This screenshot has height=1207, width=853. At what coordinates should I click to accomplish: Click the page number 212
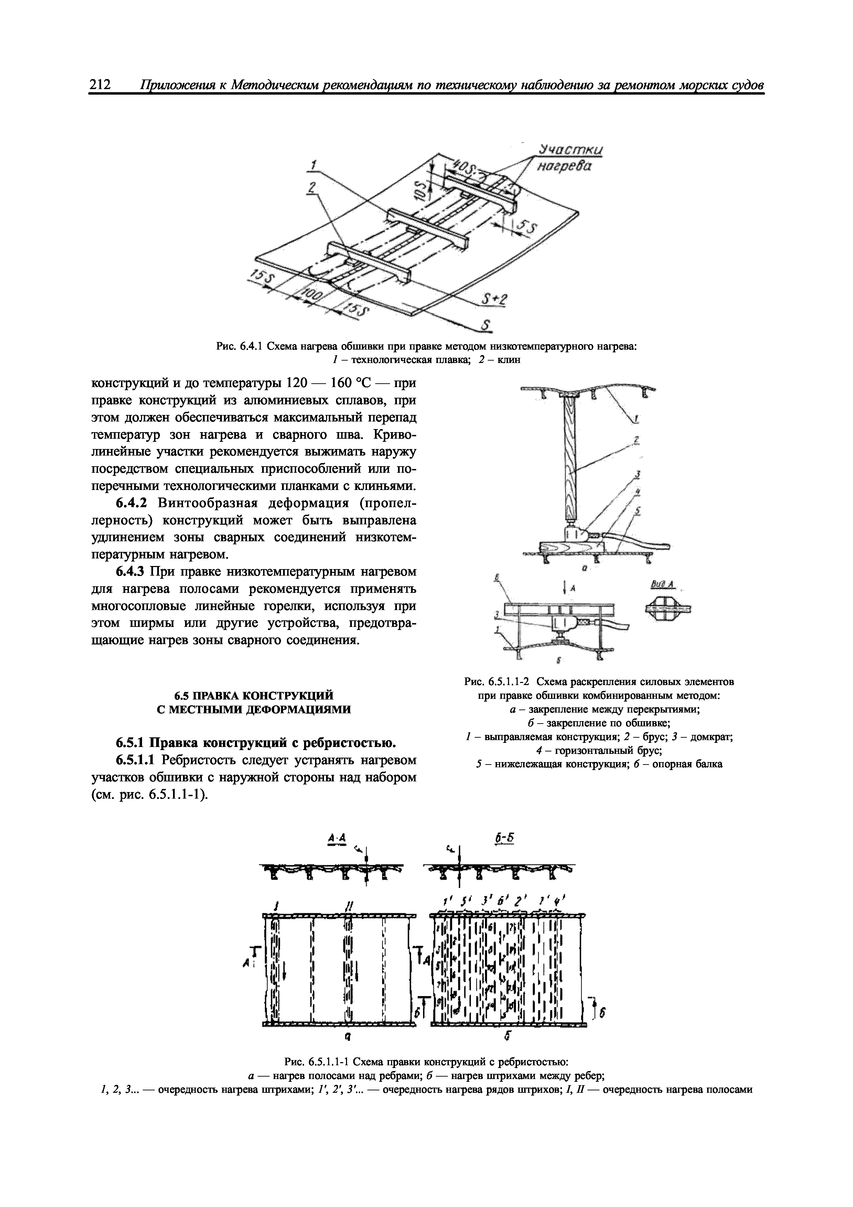[x=100, y=85]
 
